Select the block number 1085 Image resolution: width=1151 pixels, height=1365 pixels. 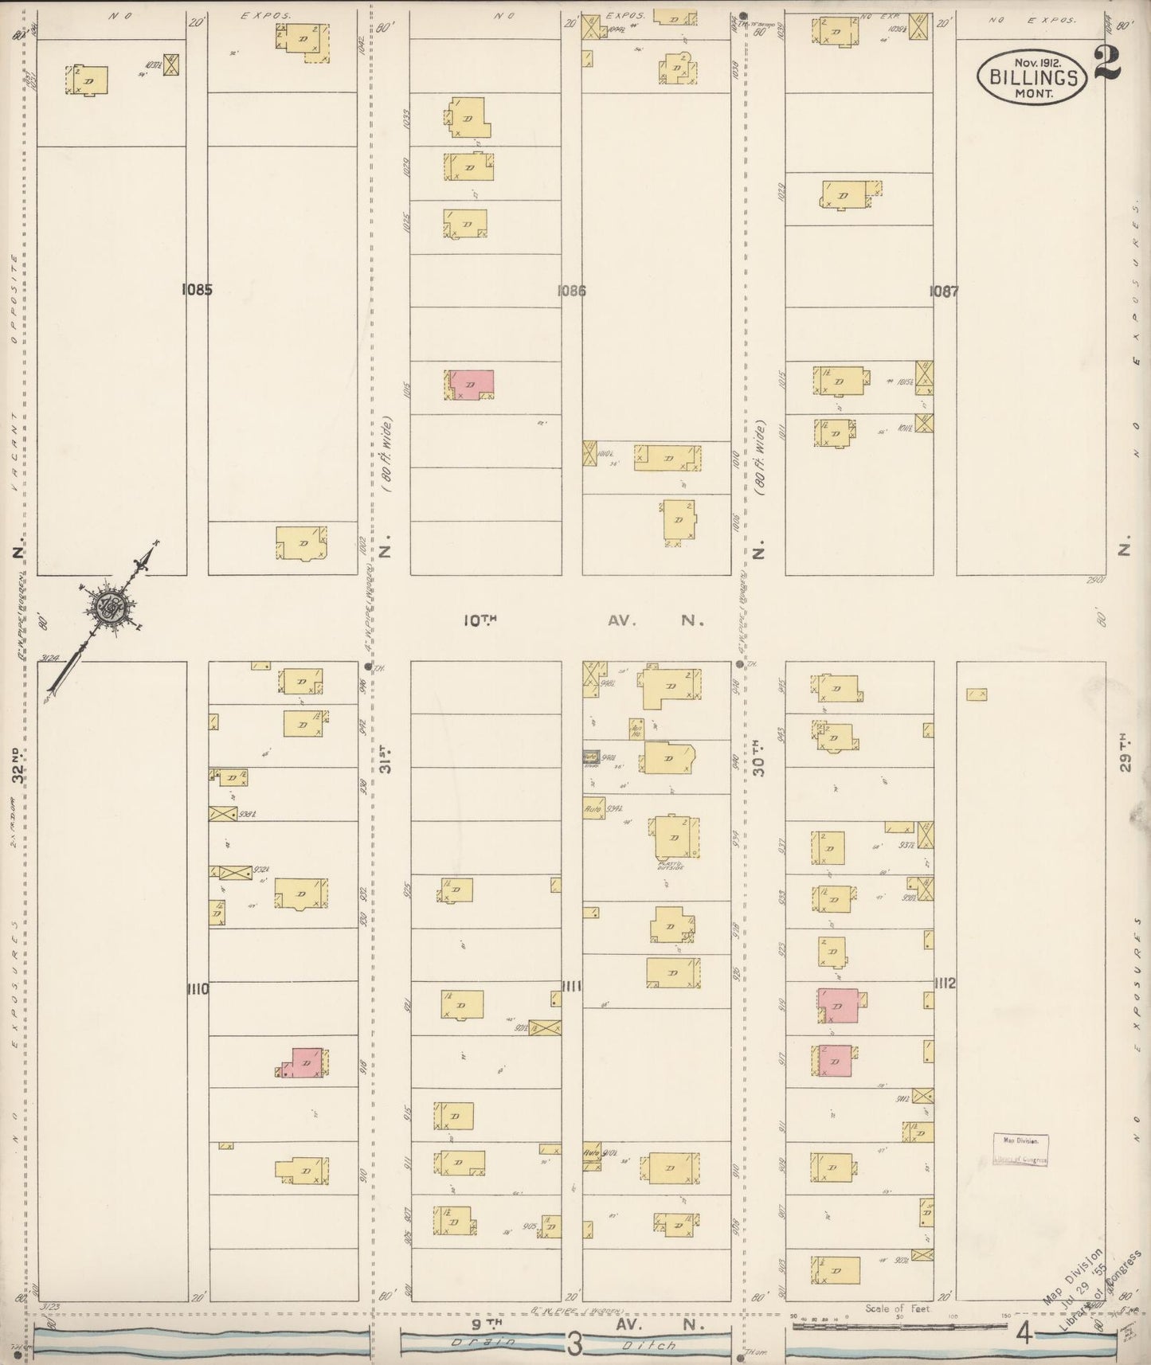(197, 291)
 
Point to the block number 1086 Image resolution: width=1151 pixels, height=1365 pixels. (571, 291)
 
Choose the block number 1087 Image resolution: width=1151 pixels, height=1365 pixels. (944, 291)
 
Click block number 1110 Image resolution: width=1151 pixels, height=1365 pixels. (198, 989)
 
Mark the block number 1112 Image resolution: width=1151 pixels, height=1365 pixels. (945, 984)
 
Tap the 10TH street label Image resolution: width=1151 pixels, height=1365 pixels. (481, 620)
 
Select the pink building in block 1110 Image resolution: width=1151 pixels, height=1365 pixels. (305, 1062)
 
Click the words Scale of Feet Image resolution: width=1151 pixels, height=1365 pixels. (898, 1308)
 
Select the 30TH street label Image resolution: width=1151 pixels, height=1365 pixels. (758, 757)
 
